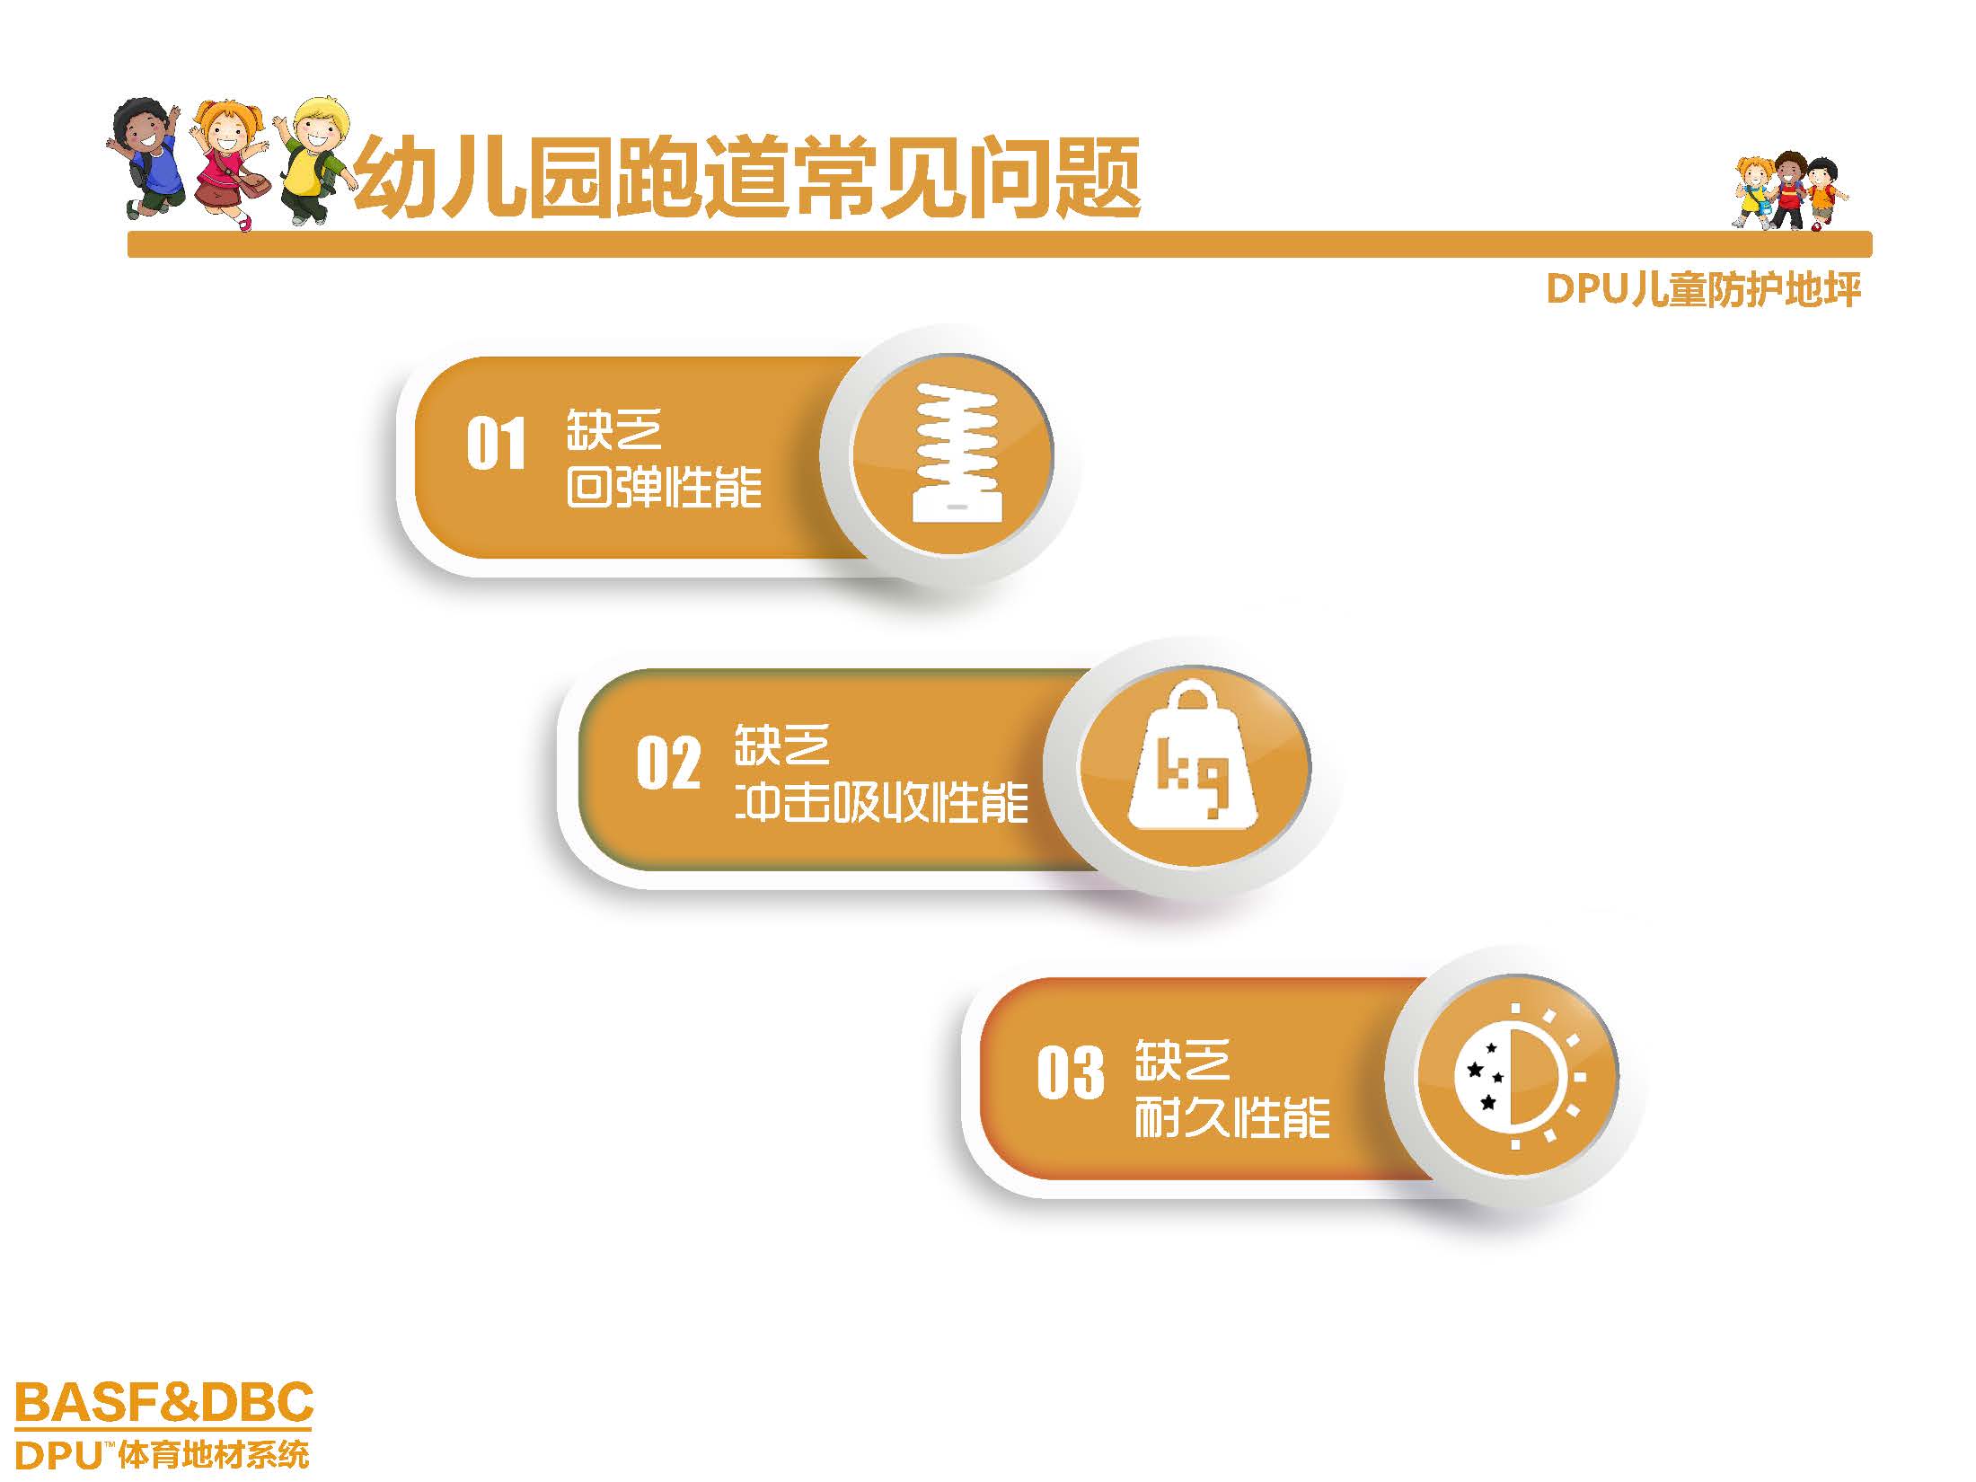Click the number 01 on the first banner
[x=496, y=445]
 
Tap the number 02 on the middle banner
[x=668, y=763]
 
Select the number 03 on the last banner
[x=1071, y=1072]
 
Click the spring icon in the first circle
[x=955, y=452]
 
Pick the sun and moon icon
[x=1517, y=1075]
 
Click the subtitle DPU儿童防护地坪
[x=1704, y=290]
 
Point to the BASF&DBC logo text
[x=164, y=1402]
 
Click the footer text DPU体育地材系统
[x=163, y=1454]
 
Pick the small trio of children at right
[x=1788, y=191]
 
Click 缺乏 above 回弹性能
[x=614, y=430]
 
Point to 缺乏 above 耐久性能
[x=1182, y=1061]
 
